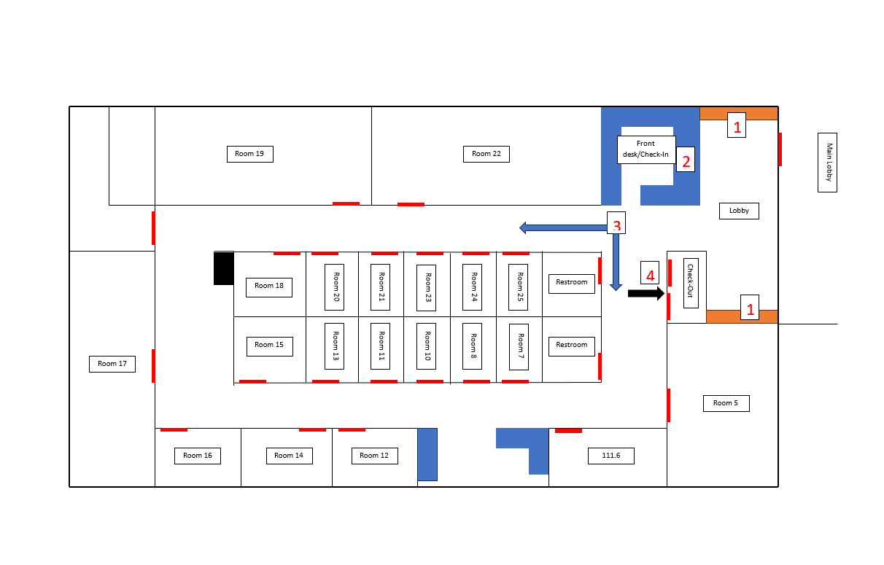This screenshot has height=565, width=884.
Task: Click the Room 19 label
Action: (249, 154)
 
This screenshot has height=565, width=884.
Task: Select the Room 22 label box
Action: (486, 154)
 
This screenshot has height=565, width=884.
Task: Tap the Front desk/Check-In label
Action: (646, 149)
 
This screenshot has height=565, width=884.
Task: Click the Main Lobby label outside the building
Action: (827, 163)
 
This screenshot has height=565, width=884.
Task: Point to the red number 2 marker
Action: (685, 160)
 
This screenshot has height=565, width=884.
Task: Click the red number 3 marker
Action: (616, 225)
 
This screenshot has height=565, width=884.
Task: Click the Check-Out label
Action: (691, 283)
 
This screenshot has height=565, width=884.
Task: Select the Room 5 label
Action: (726, 403)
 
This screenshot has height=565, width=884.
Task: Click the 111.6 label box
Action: (611, 456)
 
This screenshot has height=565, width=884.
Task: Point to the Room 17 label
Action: (112, 363)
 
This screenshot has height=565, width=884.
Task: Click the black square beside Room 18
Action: (223, 268)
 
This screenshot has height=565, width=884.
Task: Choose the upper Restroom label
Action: (572, 283)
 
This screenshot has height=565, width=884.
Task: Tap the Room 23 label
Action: (427, 287)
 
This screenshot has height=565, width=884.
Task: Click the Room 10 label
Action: (427, 346)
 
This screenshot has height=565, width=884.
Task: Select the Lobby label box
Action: (739, 211)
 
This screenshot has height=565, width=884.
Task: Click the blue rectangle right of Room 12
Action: (427, 454)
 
